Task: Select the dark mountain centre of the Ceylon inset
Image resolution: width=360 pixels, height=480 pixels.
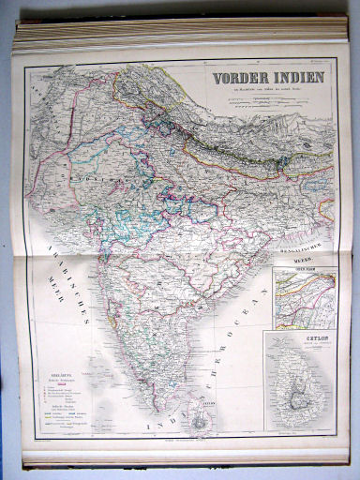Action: [297, 403]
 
